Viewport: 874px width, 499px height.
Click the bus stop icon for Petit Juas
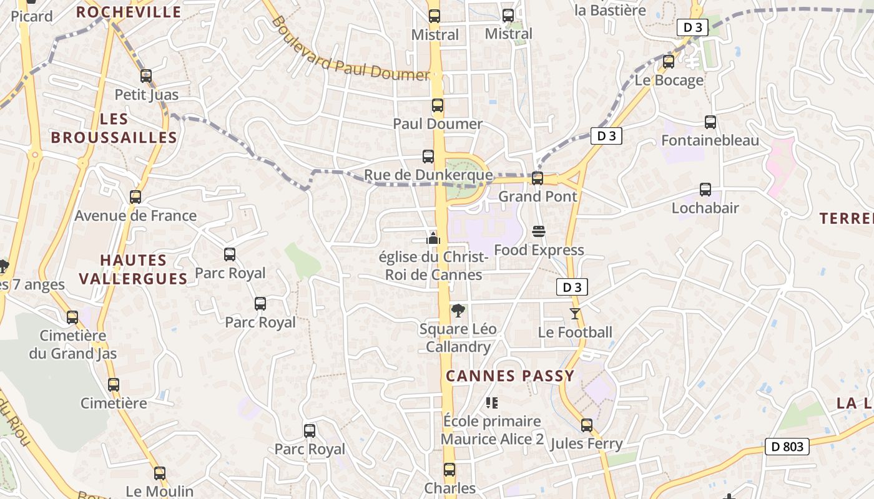click(146, 76)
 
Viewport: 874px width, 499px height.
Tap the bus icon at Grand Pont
click(537, 178)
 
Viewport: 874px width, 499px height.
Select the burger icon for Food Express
click(539, 232)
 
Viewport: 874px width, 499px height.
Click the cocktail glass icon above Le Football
click(575, 314)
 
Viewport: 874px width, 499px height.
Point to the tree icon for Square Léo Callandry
click(458, 310)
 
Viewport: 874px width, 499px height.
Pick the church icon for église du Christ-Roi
click(433, 238)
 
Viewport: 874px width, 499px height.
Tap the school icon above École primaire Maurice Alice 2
click(492, 403)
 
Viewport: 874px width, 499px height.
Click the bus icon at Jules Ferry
click(587, 425)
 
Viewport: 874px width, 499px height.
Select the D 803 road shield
click(787, 447)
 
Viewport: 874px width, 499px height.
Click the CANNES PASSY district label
click(510, 376)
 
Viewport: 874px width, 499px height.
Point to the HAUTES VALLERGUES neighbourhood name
click(134, 269)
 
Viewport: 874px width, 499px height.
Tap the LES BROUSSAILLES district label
click(114, 128)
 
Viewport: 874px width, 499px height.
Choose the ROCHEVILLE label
click(129, 12)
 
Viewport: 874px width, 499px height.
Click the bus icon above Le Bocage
click(669, 62)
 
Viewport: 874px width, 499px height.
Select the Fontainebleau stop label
click(710, 140)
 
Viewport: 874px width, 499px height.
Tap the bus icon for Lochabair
click(705, 190)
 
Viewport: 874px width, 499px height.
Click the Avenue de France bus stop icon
click(135, 197)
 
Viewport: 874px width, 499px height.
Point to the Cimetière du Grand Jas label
click(73, 344)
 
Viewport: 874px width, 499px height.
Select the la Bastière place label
click(610, 10)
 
